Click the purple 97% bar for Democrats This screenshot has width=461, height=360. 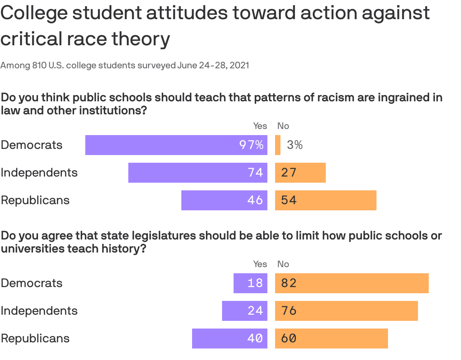click(176, 145)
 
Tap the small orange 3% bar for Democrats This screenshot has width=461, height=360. click(278, 145)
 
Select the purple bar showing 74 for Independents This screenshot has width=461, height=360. click(197, 173)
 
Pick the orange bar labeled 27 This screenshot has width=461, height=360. click(300, 173)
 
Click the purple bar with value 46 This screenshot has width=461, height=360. click(224, 200)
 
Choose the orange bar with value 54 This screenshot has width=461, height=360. click(325, 200)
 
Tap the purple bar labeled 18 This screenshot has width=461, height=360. click(250, 283)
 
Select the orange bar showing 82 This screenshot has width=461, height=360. click(352, 283)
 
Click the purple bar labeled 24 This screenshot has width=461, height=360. click(244, 311)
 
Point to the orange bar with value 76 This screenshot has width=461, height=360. click(346, 311)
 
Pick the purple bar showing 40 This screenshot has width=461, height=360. click(229, 339)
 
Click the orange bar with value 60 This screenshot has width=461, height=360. click(331, 339)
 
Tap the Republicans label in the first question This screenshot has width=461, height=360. click(35, 200)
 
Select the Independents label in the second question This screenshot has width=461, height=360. click(39, 311)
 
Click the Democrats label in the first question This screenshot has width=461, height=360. click(32, 145)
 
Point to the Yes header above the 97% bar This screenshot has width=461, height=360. click(260, 126)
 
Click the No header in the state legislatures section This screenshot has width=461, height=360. click(283, 264)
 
